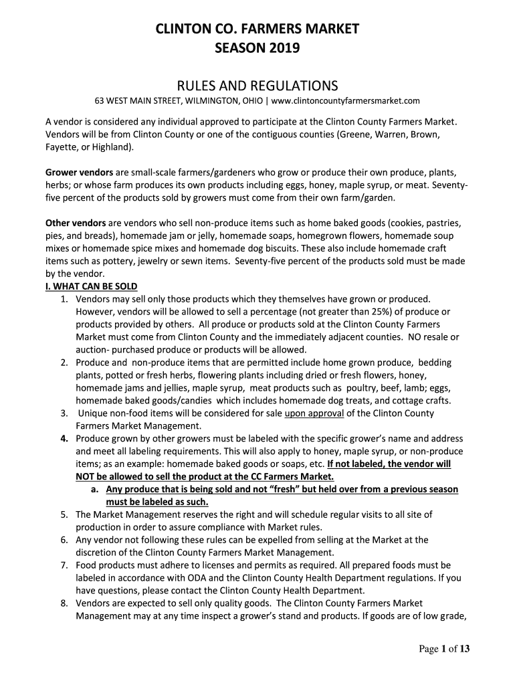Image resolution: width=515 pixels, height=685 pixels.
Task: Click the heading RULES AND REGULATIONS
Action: click(257, 86)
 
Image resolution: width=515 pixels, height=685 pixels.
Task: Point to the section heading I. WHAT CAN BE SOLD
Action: click(91, 287)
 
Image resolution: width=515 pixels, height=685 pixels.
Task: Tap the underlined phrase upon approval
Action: click(314, 413)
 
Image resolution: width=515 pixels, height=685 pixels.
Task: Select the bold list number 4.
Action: click(64, 439)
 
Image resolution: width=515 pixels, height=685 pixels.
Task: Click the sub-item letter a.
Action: click(95, 490)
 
